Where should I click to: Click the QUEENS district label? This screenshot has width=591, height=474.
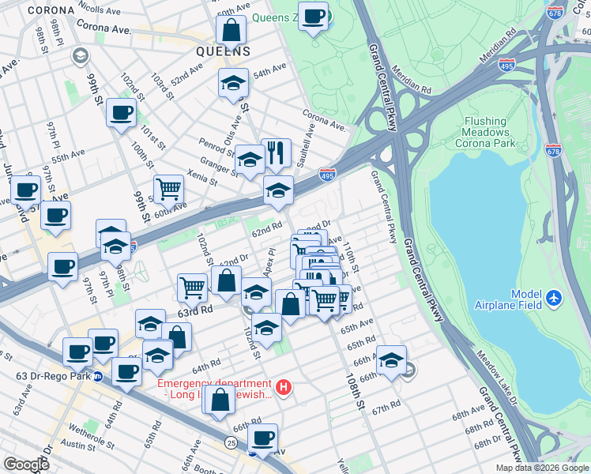[224, 51]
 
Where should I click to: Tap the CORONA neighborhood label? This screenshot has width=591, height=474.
[51, 10]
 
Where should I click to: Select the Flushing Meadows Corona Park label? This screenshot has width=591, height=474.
[485, 132]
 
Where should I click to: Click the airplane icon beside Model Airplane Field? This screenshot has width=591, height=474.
[555, 299]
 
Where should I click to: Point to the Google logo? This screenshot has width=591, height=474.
[26, 465]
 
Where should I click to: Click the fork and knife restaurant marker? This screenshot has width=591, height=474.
[276, 152]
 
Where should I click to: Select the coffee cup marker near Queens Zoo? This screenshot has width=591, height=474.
[313, 15]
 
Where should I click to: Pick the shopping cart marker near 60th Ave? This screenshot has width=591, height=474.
[168, 189]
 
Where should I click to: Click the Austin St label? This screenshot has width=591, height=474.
[77, 447]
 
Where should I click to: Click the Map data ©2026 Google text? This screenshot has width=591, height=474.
[542, 468]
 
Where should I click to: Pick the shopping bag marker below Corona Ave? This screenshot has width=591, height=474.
[231, 31]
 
